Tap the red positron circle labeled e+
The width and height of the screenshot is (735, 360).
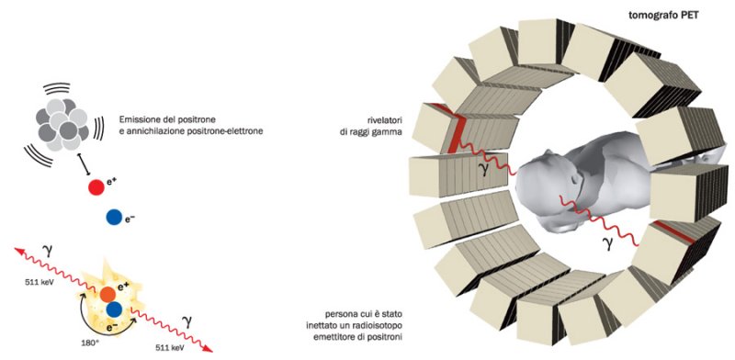tap(96, 187)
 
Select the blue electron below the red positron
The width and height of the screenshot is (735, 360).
tap(114, 217)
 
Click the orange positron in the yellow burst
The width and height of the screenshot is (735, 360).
tap(107, 295)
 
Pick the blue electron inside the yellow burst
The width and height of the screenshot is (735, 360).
tap(114, 309)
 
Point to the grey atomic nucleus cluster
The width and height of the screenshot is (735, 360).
tap(63, 124)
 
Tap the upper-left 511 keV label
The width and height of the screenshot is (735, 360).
tap(36, 282)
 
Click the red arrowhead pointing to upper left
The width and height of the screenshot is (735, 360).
tap(19, 252)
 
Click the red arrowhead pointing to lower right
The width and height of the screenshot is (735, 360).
tap(209, 347)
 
